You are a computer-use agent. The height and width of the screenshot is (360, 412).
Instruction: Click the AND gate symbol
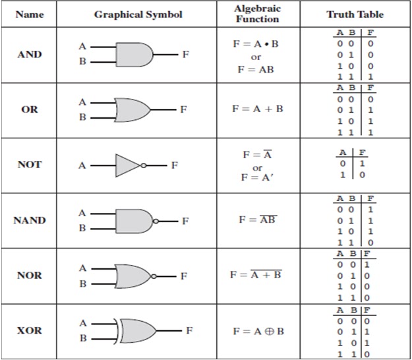point(134,54)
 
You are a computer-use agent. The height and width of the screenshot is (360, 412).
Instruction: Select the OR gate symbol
point(134,109)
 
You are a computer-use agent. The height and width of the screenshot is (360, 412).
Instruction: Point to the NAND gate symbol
point(134,220)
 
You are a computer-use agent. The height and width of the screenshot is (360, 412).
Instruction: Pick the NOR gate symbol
point(134,275)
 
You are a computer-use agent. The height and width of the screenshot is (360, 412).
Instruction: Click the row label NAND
point(30,220)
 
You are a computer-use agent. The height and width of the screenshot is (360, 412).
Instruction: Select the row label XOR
point(30,330)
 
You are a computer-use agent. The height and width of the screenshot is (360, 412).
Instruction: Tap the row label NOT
point(30,165)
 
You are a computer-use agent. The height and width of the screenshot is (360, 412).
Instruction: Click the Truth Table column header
point(355,15)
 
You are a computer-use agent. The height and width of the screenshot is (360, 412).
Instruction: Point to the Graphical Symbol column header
point(138,15)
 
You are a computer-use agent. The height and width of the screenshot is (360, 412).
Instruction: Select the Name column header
point(30,15)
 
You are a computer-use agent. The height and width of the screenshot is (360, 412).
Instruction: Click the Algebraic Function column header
point(257,14)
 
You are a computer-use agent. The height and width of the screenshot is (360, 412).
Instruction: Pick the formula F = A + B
point(257,109)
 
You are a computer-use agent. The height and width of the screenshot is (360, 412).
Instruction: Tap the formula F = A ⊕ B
point(258,330)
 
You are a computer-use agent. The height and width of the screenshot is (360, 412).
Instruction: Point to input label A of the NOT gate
point(82,165)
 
